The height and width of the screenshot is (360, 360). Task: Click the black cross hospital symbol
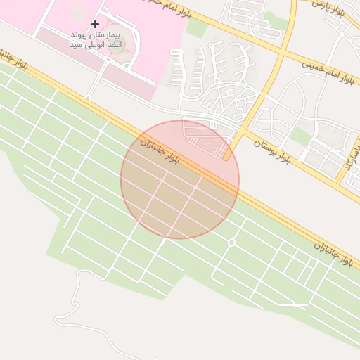96,24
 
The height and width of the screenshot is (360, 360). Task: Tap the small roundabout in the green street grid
231,243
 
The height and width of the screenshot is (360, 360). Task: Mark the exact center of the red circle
180,179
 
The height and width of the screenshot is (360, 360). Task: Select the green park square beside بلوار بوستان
301,136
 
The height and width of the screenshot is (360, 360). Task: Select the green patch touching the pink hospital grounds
197,28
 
